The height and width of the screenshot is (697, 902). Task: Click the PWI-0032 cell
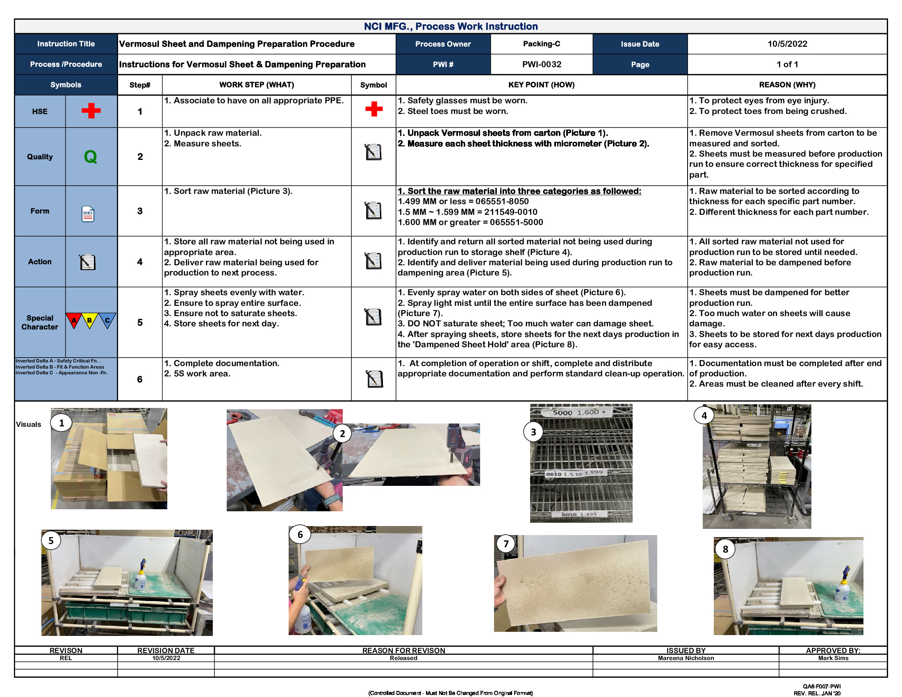[541, 64]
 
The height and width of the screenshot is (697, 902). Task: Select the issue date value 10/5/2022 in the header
[787, 44]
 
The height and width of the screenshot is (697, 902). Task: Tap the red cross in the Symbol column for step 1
[374, 109]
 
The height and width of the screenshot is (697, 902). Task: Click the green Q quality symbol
[91, 157]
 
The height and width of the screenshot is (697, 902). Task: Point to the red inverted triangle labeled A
[74, 321]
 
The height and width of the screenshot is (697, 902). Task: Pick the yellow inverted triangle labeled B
[90, 321]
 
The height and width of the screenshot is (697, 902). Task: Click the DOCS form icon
[88, 214]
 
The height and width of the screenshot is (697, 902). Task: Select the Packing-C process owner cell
[541, 44]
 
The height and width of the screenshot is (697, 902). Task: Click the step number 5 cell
[140, 323]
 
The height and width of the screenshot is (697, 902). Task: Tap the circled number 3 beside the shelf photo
[533, 432]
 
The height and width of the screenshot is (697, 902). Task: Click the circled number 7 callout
[506, 544]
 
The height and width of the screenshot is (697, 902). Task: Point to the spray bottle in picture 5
[141, 576]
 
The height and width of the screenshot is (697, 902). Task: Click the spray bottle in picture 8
[843, 585]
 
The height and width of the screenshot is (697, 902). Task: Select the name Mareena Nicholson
[686, 658]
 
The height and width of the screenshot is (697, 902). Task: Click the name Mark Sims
[833, 658]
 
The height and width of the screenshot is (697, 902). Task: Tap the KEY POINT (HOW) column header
[541, 84]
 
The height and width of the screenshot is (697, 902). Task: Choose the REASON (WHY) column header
[787, 84]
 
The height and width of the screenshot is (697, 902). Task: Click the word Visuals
[29, 424]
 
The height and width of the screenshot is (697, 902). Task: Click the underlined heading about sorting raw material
[519, 191]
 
